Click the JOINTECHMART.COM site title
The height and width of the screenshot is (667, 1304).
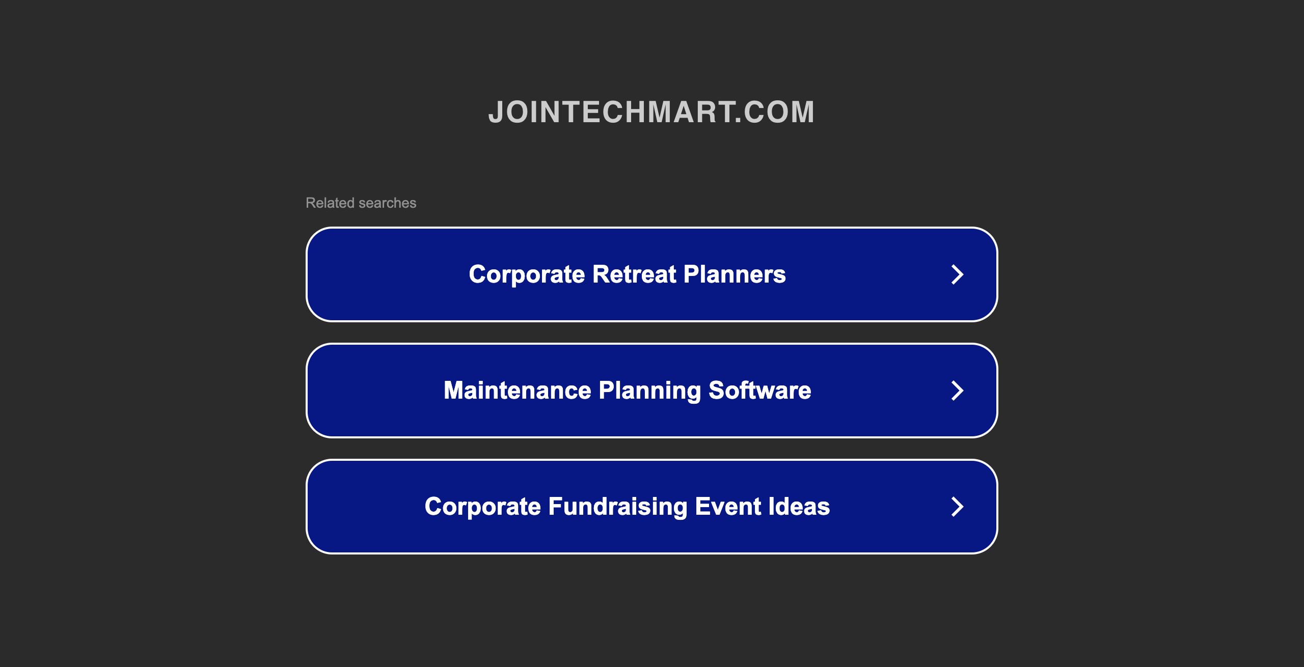(x=651, y=112)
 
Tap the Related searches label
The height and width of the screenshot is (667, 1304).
(x=361, y=203)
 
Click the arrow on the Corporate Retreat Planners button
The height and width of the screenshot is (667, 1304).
(x=958, y=274)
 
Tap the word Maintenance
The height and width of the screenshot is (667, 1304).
(x=518, y=391)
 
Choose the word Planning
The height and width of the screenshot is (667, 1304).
(x=650, y=392)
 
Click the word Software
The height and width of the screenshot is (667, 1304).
(x=760, y=391)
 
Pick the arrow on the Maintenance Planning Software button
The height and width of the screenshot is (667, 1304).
(x=958, y=391)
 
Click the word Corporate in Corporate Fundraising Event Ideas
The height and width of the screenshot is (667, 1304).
(x=483, y=507)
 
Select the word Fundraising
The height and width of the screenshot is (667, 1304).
(x=618, y=507)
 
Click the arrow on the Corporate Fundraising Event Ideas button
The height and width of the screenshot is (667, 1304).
(x=958, y=507)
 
